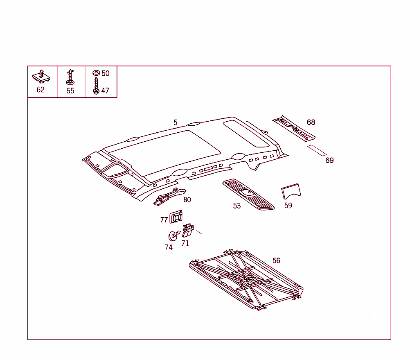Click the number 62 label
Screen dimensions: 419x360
(x=41, y=90)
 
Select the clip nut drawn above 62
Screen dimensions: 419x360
(x=41, y=77)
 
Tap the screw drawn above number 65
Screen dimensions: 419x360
(x=70, y=77)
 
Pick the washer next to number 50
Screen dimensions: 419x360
(x=96, y=73)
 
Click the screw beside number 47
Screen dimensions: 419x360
(x=96, y=86)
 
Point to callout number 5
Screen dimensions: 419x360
(x=175, y=122)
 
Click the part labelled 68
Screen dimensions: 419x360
(x=294, y=128)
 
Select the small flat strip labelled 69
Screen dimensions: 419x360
(x=317, y=150)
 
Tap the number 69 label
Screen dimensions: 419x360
(x=329, y=160)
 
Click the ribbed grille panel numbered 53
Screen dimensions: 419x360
(x=248, y=194)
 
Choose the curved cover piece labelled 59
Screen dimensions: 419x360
(x=291, y=191)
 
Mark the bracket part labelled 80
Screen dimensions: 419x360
(x=169, y=197)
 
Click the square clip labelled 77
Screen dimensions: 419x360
(x=176, y=217)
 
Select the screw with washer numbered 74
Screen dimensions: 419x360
(x=173, y=235)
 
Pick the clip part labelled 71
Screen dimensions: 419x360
(x=188, y=231)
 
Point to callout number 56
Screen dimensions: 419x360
(x=276, y=260)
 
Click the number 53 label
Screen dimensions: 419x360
(x=237, y=206)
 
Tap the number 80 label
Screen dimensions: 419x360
(x=187, y=200)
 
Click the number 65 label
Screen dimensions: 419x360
(x=70, y=91)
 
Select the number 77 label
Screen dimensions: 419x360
(x=164, y=220)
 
